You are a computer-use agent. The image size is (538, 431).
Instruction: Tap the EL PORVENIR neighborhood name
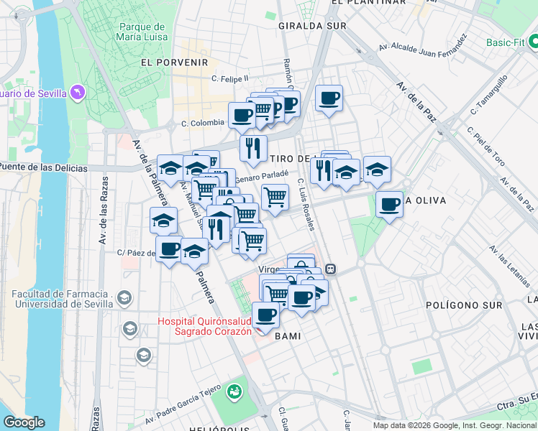[174, 63]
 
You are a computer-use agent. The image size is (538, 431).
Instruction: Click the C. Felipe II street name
[229, 78]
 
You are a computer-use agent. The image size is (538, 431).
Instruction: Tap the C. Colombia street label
[203, 123]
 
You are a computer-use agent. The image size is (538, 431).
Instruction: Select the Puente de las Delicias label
[43, 168]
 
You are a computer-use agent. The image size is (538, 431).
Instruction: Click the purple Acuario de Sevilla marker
[78, 93]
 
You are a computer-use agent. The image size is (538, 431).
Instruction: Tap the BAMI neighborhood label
[287, 336]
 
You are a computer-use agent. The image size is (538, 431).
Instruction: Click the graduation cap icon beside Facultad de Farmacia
[124, 298]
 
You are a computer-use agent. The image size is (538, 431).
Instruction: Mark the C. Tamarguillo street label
[489, 95]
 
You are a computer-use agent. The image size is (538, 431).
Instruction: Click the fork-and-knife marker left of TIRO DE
[252, 149]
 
